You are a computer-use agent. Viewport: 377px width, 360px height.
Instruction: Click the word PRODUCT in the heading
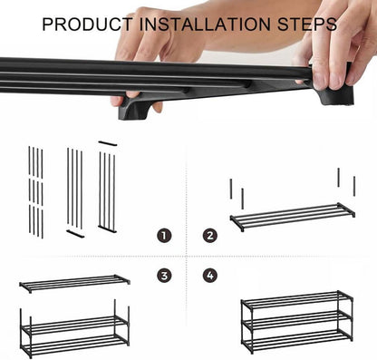[87, 24]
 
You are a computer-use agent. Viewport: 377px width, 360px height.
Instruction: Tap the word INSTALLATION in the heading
[205, 24]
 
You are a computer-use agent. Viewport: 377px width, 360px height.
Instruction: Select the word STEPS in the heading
[307, 24]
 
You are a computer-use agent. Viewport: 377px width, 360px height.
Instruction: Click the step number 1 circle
[164, 236]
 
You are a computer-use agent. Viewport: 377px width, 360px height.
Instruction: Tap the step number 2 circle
[210, 236]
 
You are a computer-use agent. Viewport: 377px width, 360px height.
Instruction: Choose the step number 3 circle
[164, 276]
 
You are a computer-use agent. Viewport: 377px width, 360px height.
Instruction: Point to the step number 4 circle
[210, 276]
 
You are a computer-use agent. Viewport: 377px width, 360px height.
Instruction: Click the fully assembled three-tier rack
[297, 322]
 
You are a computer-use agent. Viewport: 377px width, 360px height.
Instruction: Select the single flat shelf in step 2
[293, 217]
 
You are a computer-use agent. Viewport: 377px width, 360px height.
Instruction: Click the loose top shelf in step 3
[74, 284]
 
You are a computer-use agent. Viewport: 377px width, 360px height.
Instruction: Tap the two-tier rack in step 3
[74, 328]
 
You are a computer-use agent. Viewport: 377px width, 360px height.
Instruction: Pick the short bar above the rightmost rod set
[108, 143]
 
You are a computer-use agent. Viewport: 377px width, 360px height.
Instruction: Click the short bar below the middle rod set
[75, 234]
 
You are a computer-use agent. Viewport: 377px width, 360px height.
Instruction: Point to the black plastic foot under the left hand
[134, 107]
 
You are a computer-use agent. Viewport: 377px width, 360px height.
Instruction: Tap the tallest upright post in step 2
[339, 178]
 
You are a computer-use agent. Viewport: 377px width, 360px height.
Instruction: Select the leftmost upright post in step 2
[231, 189]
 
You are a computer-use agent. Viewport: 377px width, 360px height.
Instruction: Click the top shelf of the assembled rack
[297, 299]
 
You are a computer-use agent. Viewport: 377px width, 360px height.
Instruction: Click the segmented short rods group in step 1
[35, 192]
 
